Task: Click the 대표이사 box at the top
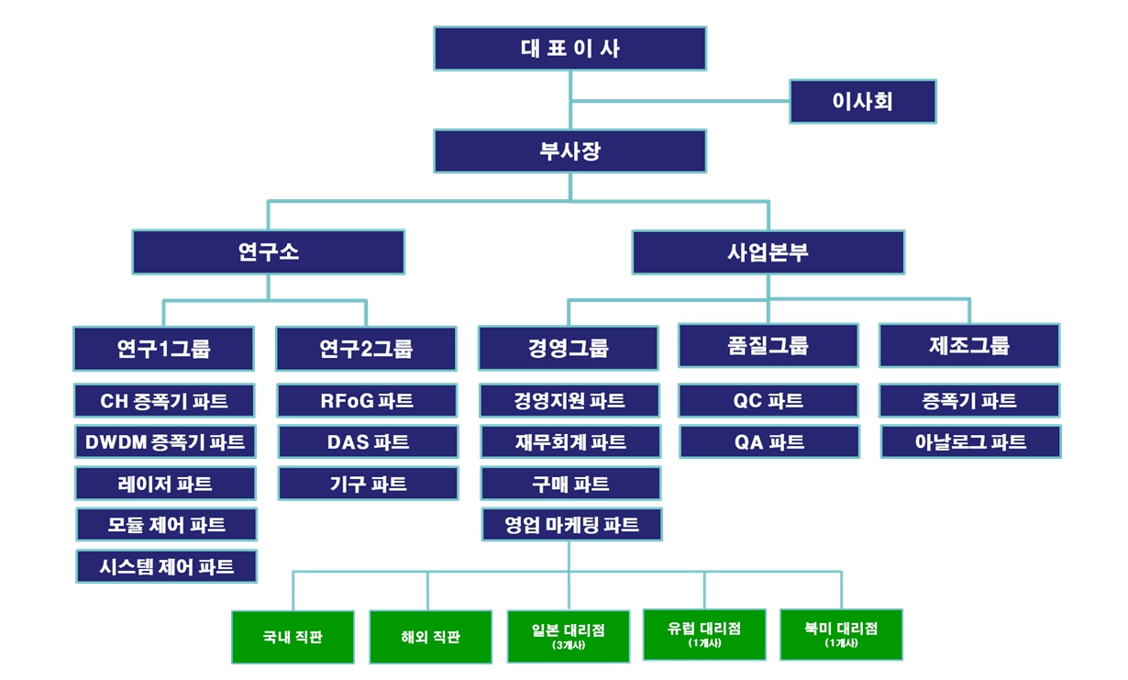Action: pyautogui.click(x=570, y=49)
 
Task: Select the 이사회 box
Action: pyautogui.click(x=862, y=101)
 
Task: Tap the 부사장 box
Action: pyautogui.click(x=570, y=150)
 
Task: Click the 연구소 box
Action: pyautogui.click(x=268, y=251)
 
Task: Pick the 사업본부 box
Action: pyautogui.click(x=768, y=251)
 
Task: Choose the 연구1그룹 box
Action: pyautogui.click(x=164, y=349)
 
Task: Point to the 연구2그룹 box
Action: pyautogui.click(x=366, y=349)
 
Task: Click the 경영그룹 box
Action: pyautogui.click(x=569, y=349)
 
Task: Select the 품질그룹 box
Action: pyautogui.click(x=769, y=346)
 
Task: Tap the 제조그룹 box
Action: pyautogui.click(x=969, y=346)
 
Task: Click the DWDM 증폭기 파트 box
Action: pyautogui.click(x=165, y=442)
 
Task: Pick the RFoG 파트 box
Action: pyautogui.click(x=368, y=401)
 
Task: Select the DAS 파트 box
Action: pyautogui.click(x=368, y=442)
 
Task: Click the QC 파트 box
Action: pyautogui.click(x=769, y=401)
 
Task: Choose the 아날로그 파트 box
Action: pyautogui.click(x=970, y=442)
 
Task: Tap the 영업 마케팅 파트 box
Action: pyautogui.click(x=571, y=525)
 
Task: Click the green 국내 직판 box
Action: pyautogui.click(x=293, y=636)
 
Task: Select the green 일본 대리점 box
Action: pyautogui.click(x=568, y=635)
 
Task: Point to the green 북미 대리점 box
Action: pyautogui.click(x=841, y=633)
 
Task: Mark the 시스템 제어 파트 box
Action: pyautogui.click(x=166, y=566)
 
